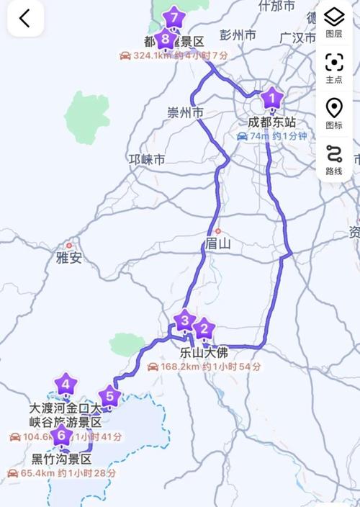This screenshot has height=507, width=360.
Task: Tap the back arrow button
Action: (24, 19)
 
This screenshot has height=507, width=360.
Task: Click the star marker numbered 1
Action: (271, 97)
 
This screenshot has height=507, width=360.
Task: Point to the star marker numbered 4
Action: (66, 385)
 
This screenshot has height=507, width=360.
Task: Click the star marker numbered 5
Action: (109, 395)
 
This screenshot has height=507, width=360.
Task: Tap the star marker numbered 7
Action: (173, 17)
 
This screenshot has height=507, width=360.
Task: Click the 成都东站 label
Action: (271, 122)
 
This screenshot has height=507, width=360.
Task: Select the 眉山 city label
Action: (217, 243)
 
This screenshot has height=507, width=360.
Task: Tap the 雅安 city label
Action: (69, 258)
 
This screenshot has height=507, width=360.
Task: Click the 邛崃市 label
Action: (146, 159)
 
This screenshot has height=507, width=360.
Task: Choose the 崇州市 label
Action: (185, 112)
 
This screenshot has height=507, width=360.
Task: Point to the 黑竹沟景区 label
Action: (62, 459)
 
